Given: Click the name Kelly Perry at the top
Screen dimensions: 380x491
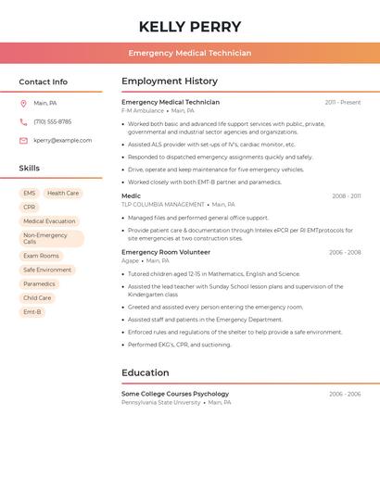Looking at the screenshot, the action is [190, 27].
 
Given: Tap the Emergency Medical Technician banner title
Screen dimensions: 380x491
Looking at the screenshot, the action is [190, 53].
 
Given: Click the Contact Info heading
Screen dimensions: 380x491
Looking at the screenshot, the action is [44, 82].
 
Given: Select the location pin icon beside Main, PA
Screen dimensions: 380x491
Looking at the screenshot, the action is [23, 104].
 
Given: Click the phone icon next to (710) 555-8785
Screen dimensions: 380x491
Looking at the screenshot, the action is [23, 122].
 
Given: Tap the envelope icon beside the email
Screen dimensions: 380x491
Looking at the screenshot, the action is [23, 141].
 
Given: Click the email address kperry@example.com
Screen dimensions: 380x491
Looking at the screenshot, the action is [63, 141].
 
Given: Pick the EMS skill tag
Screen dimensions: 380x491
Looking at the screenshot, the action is [30, 194].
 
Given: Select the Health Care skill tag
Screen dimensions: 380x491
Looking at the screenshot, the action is [63, 194].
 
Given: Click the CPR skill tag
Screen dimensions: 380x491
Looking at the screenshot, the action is [30, 208].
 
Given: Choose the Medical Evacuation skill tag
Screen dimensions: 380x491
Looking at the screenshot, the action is [49, 221].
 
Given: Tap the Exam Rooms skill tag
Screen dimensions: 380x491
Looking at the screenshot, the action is [41, 256].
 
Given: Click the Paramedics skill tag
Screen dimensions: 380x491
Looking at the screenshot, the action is [39, 284].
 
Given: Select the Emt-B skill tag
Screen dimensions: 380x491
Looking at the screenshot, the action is [32, 312].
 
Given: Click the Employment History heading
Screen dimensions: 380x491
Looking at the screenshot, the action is [170, 82].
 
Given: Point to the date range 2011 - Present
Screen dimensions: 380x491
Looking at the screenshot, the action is [342, 103].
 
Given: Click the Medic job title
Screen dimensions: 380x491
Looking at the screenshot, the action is [132, 196].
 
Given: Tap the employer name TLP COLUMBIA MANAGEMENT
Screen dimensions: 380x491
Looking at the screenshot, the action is [163, 205].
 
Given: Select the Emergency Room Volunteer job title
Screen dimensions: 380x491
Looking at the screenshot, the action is [166, 252].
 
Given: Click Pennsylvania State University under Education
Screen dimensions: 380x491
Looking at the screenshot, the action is [161, 403].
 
